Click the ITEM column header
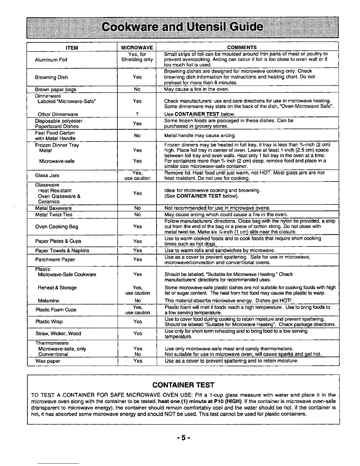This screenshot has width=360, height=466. pyautogui.click(x=72, y=48)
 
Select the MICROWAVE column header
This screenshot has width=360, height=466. pyautogui.click(x=137, y=48)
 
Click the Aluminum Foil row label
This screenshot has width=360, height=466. pyautogui.click(x=51, y=60)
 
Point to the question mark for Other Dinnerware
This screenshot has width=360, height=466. pyautogui.click(x=137, y=114)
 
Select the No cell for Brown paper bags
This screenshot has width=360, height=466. pyautogui.click(x=137, y=89)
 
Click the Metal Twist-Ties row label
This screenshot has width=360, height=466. pyautogui.click(x=54, y=215)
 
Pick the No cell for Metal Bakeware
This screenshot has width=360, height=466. pyautogui.click(x=137, y=208)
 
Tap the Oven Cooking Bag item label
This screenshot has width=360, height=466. pyautogui.click(x=56, y=227)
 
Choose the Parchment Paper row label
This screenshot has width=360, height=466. pyautogui.click(x=55, y=259)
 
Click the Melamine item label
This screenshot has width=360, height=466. pyautogui.click(x=49, y=301)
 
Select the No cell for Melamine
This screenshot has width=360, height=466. pyautogui.click(x=137, y=301)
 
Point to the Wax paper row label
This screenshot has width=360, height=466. pyautogui.click(x=48, y=361)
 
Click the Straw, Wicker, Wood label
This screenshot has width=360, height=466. pyautogui.click(x=58, y=333)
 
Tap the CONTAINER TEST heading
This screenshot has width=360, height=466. pyautogui.click(x=183, y=385)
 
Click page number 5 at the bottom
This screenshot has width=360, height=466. pyautogui.click(x=183, y=438)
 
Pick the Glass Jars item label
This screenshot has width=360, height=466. pyautogui.click(x=47, y=175)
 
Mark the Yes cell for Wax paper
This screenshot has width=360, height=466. pyautogui.click(x=138, y=361)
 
